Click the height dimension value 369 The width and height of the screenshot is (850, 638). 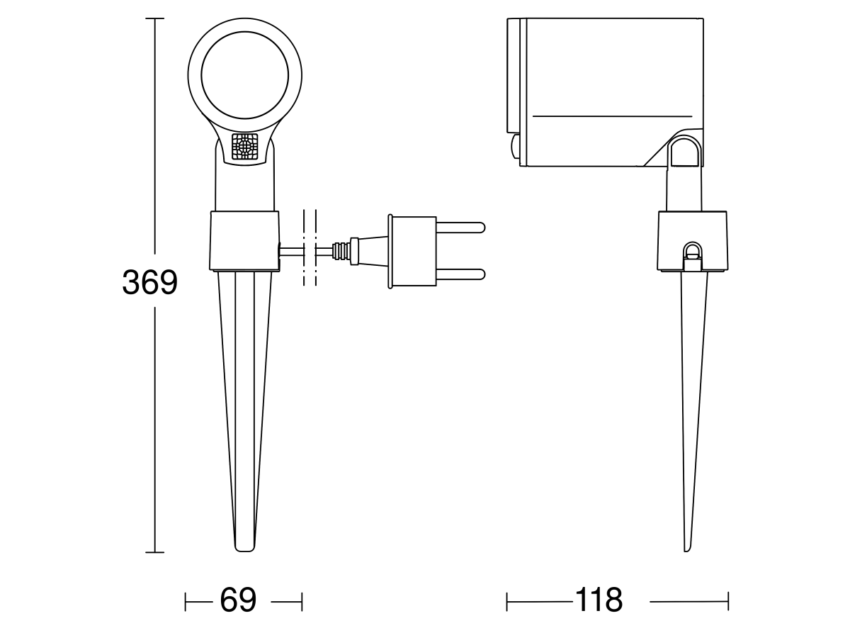tap(149, 283)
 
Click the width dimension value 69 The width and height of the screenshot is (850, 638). tap(238, 601)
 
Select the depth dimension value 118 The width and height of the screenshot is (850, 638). tap(599, 601)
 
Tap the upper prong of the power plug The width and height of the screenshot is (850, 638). tap(460, 228)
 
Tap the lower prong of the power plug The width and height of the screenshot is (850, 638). tap(460, 274)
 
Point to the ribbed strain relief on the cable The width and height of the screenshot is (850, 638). tap(342, 251)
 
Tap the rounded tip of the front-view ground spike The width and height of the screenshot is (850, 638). tap(244, 548)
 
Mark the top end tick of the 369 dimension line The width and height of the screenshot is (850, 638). tap(155, 18)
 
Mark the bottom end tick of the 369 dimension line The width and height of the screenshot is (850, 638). tap(155, 552)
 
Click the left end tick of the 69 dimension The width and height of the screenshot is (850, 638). tap(186, 602)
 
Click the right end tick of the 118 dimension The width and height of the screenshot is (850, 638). tap(727, 602)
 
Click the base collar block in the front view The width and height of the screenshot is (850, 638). tap(244, 240)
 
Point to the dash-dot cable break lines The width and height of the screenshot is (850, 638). tap(310, 248)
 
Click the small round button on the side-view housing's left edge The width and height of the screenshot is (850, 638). tap(514, 147)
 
